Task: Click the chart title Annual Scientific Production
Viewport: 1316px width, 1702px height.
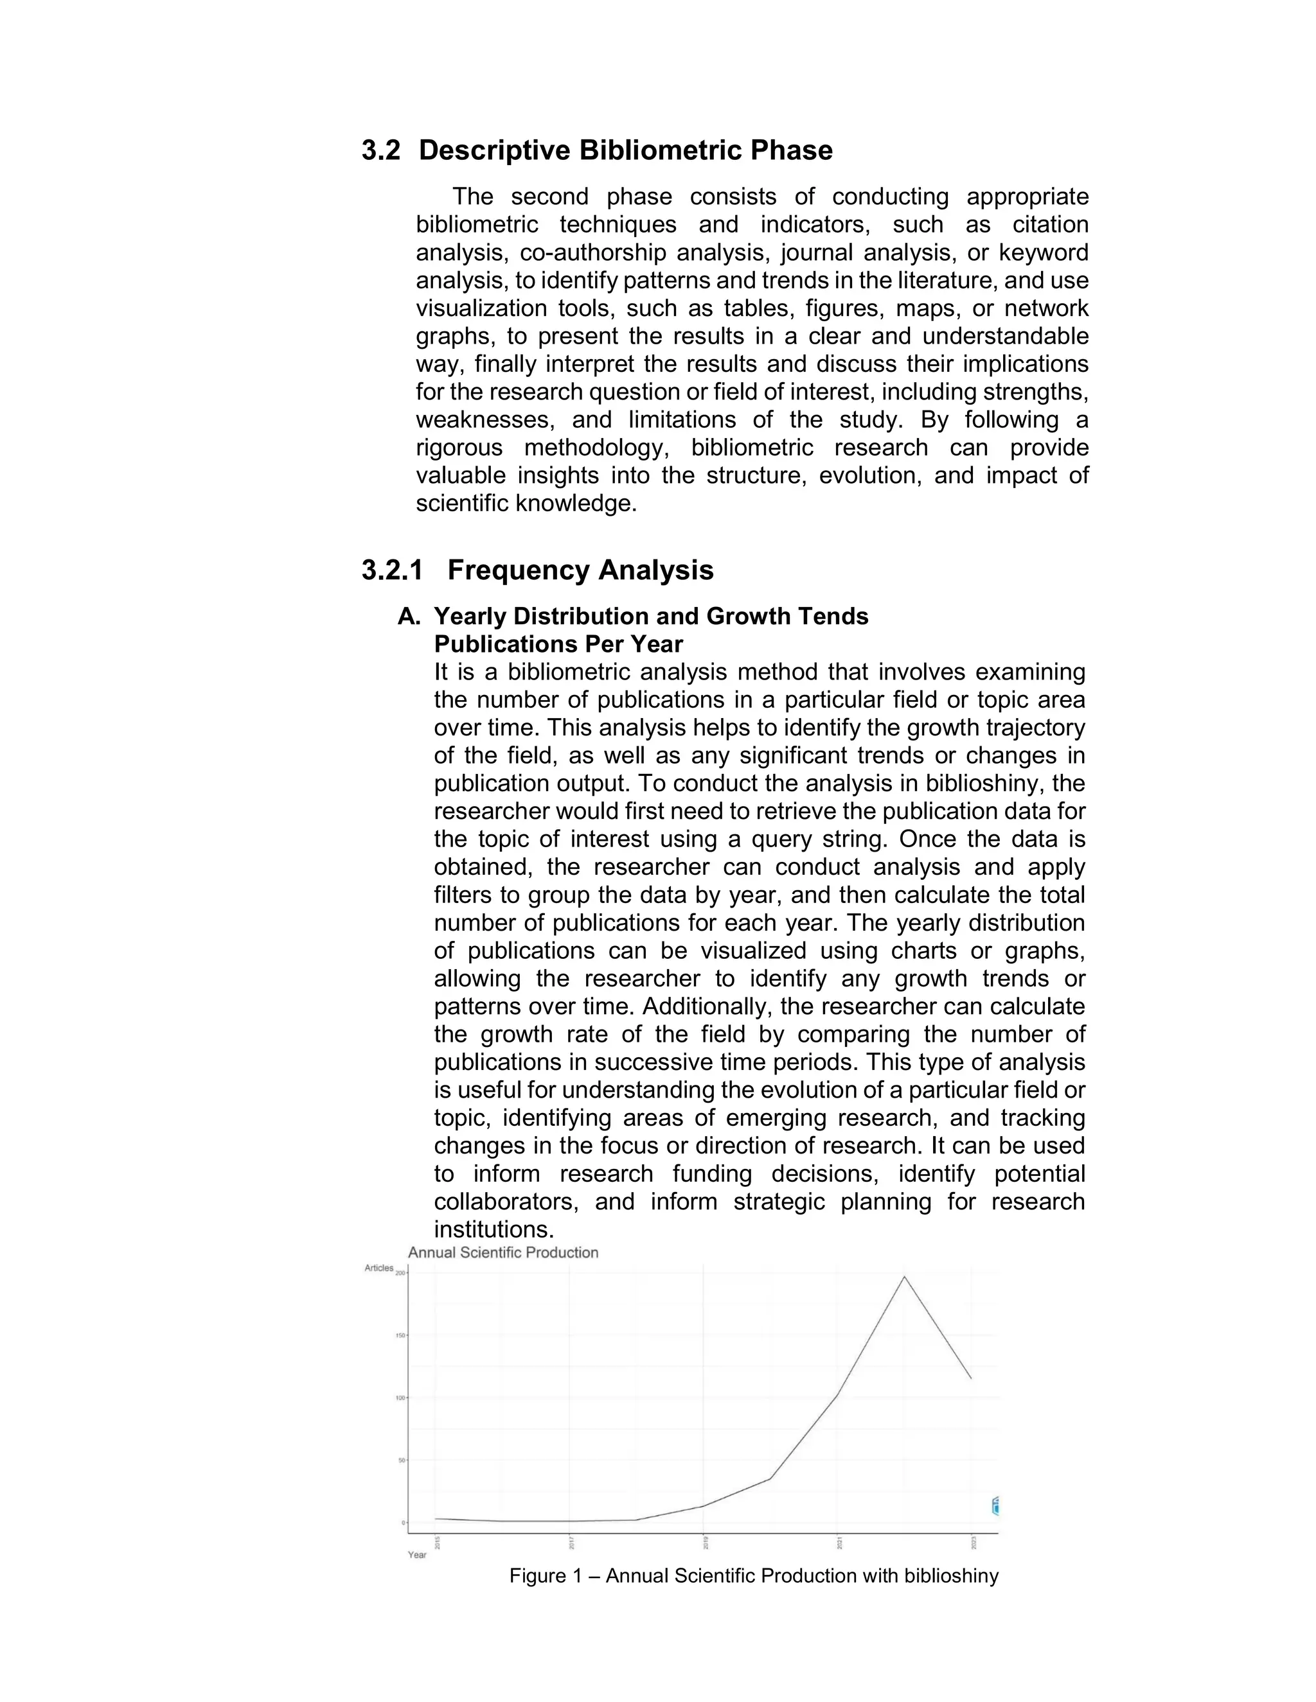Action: click(x=503, y=1252)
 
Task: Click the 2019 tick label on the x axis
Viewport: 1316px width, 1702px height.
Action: click(x=705, y=1541)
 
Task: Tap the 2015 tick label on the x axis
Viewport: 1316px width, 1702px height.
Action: click(x=436, y=1541)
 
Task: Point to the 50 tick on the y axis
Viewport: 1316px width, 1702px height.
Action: click(x=402, y=1461)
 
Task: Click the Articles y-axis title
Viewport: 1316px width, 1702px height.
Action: click(x=379, y=1268)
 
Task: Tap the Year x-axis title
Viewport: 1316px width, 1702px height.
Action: click(x=417, y=1555)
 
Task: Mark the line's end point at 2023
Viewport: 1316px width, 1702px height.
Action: click(x=971, y=1378)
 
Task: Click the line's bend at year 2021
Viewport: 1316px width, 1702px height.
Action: click(x=837, y=1394)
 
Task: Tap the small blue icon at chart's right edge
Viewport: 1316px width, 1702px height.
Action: click(x=995, y=1506)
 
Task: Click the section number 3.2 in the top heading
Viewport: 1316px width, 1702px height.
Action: click(x=380, y=150)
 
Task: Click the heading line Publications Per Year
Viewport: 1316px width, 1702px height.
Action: click(x=558, y=644)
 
